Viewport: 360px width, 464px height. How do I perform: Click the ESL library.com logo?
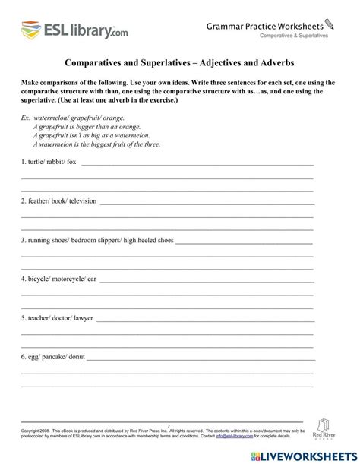74,31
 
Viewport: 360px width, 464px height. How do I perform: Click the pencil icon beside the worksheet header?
329,24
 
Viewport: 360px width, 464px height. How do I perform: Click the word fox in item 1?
72,162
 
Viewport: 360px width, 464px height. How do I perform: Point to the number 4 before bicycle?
23,279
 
